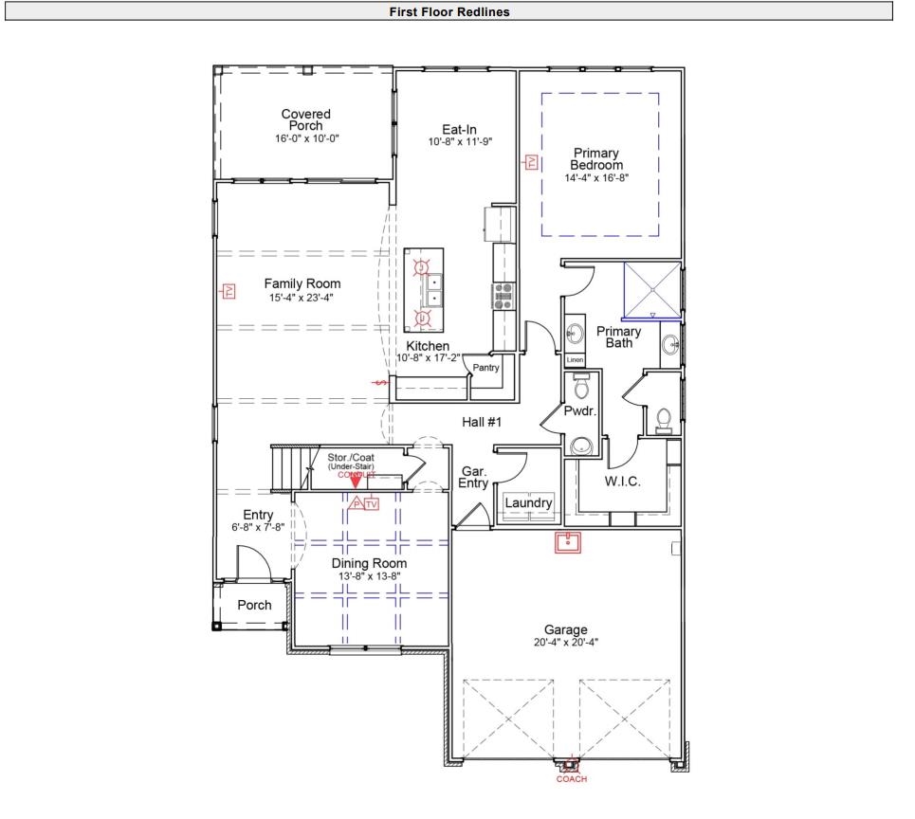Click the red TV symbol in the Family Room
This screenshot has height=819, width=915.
[x=228, y=291]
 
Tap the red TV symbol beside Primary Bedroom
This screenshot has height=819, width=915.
[x=532, y=163]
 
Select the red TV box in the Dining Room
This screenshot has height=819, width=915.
[x=371, y=503]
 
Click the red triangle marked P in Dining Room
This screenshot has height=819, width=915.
[x=357, y=503]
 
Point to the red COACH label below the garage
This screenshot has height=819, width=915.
[x=571, y=779]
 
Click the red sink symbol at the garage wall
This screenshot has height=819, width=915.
[x=568, y=542]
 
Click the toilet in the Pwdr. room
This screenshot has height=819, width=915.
[x=581, y=387]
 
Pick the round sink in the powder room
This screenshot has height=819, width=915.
[x=579, y=444]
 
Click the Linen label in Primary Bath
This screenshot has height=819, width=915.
[x=574, y=360]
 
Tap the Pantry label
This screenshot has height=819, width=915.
[x=485, y=367]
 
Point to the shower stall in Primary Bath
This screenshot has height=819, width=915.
[x=651, y=289]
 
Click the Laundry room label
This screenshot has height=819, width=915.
[x=528, y=502]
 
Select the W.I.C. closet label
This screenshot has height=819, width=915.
[x=622, y=482]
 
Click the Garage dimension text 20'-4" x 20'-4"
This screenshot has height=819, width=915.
[x=565, y=642]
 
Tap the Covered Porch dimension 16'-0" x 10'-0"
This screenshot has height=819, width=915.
[x=306, y=138]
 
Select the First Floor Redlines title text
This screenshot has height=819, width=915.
[x=449, y=11]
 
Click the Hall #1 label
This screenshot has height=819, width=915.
[x=482, y=422]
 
